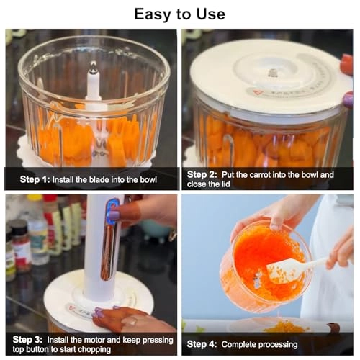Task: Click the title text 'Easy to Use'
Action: [x=179, y=14]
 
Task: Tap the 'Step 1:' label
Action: [x=35, y=178]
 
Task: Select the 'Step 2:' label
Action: [x=202, y=174]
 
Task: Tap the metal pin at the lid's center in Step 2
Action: [x=273, y=73]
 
